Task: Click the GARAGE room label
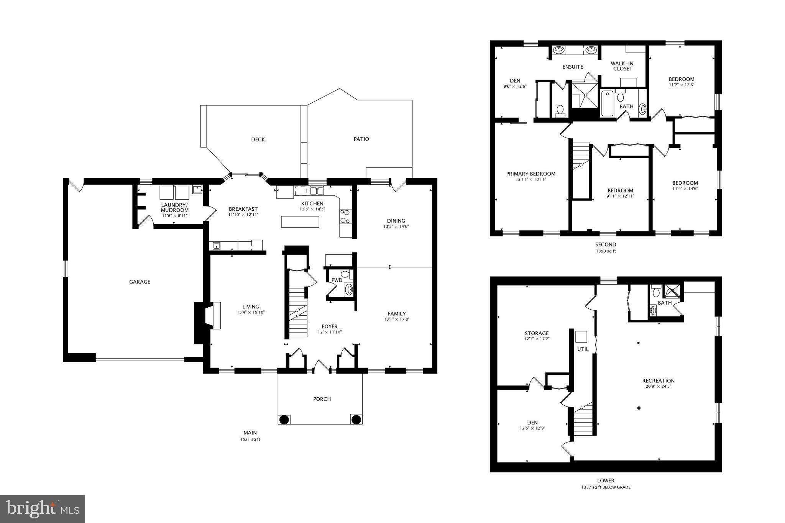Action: (140, 282)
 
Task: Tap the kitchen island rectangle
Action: (300, 222)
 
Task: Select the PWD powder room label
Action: (337, 280)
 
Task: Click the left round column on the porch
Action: (284, 419)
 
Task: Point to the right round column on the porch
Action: (356, 419)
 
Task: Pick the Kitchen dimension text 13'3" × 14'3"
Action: (312, 209)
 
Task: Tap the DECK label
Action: (258, 139)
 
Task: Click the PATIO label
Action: (361, 139)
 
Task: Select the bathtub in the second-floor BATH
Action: (607, 103)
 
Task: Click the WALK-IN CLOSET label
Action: (622, 66)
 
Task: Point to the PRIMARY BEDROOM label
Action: (530, 174)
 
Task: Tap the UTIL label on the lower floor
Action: (583, 349)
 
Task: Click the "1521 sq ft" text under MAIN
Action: (250, 439)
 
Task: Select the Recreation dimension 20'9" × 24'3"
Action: (658, 386)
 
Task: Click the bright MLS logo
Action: (43, 508)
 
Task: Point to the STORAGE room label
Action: (537, 333)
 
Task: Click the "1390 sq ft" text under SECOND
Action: (606, 251)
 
